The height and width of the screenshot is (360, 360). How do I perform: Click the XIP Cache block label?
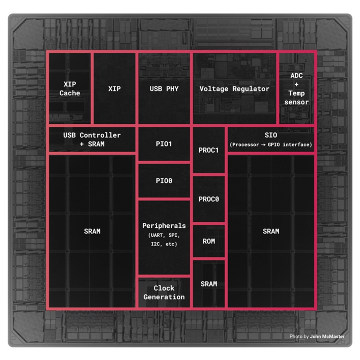(70, 89)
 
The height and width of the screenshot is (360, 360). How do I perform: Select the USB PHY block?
(164, 89)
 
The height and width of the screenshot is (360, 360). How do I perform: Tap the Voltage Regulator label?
(234, 89)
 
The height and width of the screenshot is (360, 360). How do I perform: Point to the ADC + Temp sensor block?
(297, 89)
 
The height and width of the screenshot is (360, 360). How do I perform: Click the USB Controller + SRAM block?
(92, 139)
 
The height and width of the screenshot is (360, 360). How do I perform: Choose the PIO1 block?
(164, 144)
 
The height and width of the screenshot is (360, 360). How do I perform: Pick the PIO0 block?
(164, 180)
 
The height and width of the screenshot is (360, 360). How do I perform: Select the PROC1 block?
(208, 150)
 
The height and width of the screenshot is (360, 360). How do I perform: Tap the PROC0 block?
(208, 198)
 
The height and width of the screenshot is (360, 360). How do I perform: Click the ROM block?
(208, 241)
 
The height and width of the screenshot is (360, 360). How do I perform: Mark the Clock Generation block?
(164, 292)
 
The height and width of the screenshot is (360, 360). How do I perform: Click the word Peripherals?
(164, 225)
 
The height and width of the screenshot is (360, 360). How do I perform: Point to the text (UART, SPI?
(164, 235)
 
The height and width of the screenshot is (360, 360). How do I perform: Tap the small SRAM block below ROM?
(208, 283)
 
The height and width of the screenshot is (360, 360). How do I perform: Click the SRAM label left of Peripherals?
(92, 231)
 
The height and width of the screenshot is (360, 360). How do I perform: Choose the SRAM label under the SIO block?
(271, 231)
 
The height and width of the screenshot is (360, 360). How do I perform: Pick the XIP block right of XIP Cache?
(115, 89)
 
